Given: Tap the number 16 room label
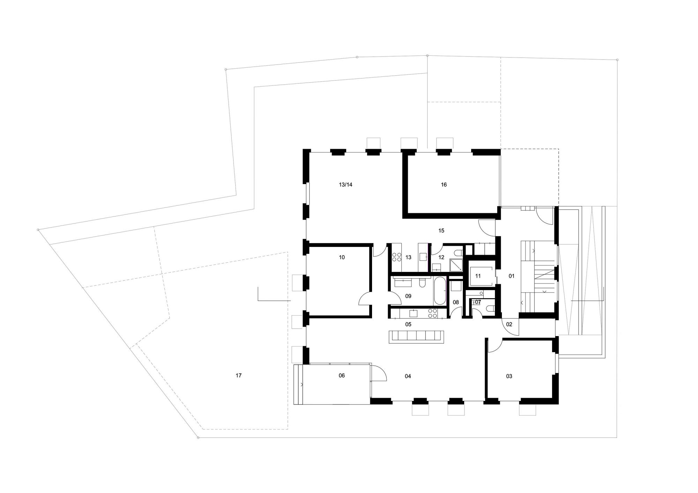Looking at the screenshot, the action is pyautogui.click(x=444, y=185).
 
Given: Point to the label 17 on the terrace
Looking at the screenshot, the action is pyautogui.click(x=239, y=376).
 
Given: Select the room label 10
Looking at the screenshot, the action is pyautogui.click(x=342, y=257).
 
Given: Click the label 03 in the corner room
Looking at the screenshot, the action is pyautogui.click(x=509, y=376).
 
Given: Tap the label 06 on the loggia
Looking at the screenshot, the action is pyautogui.click(x=342, y=376).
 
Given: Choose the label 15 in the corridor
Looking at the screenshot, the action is pyautogui.click(x=441, y=230).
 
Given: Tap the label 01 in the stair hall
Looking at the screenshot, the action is pyautogui.click(x=512, y=276).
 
